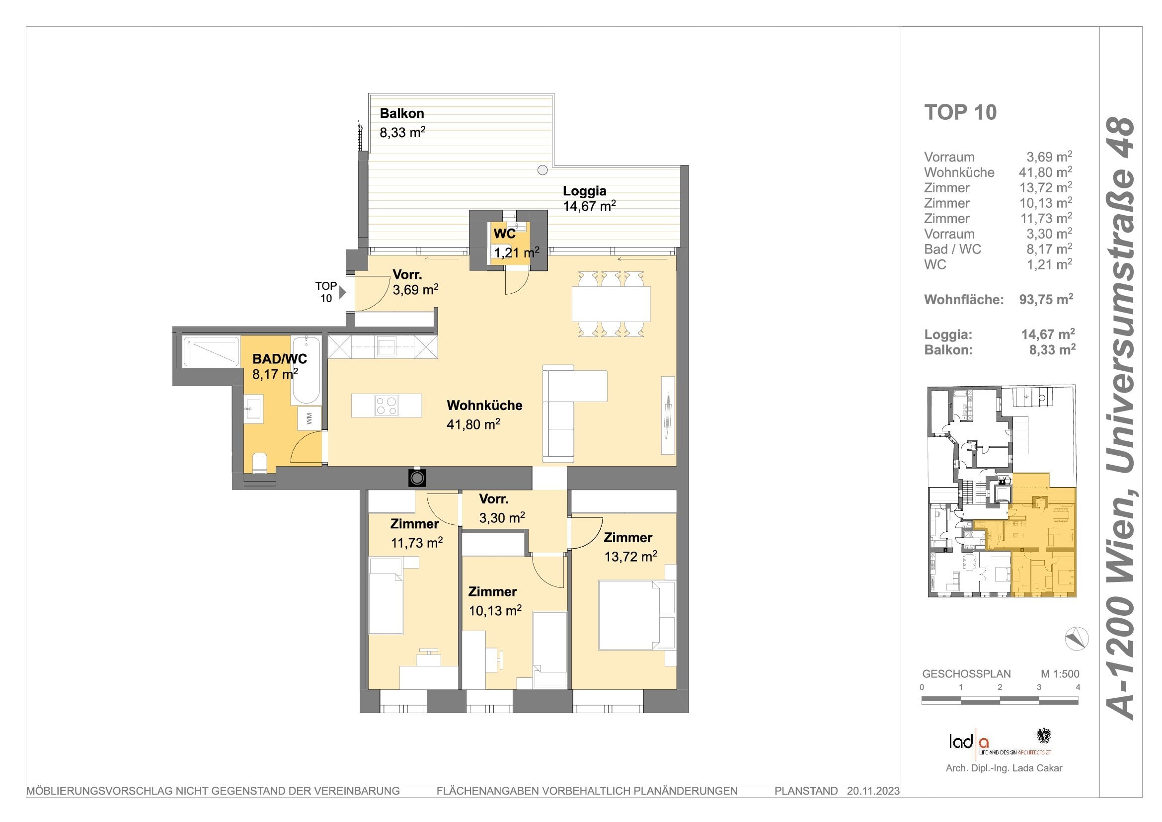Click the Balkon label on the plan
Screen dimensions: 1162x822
coord(402,114)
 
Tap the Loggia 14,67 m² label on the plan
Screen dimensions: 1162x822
coord(589,198)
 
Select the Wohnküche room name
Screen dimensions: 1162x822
coord(484,405)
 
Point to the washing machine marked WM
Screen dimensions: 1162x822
coord(309,418)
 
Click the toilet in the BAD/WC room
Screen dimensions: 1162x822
coord(260,463)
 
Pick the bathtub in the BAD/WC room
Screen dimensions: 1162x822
coord(306,371)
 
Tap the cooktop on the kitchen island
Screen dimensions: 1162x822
coord(386,406)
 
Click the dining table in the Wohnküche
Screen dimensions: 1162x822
coord(611,304)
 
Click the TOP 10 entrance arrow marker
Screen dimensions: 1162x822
coord(343,292)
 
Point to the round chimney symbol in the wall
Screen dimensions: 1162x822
coord(417,478)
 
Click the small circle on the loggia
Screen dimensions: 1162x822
coord(542,170)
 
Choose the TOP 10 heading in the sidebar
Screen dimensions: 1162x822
coord(960,112)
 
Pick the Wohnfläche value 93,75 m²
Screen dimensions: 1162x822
coord(1046,299)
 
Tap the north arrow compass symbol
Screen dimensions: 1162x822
coord(1077,638)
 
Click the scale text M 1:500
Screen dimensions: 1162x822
coord(1060,674)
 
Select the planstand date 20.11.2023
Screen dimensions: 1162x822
coord(873,791)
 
